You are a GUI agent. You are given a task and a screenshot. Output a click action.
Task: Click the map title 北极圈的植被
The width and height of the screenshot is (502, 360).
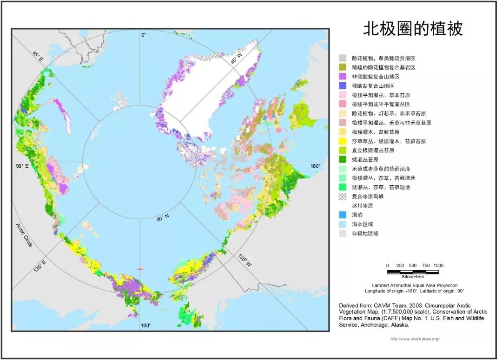tap(412, 29)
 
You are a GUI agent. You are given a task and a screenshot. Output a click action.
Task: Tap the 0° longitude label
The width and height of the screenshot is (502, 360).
tap(144, 35)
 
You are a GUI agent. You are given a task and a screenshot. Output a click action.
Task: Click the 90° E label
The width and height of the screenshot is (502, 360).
tap(22, 166)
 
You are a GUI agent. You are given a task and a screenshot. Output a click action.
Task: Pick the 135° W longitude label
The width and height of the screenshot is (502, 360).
tap(244, 261)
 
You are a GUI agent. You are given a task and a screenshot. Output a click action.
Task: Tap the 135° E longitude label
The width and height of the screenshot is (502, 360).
tap(40, 269)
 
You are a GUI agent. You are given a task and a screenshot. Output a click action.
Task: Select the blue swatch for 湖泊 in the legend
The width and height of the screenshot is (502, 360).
tap(343, 215)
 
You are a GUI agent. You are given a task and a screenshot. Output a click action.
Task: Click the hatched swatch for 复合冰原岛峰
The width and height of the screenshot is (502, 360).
tap(343, 196)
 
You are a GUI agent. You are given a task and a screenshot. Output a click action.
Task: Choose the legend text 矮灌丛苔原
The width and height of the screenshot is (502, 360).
tap(368, 160)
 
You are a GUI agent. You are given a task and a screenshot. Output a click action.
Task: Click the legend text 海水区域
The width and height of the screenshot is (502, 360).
tap(362, 224)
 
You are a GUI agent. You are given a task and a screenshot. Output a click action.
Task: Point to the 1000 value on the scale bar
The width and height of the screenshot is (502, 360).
tap(438, 265)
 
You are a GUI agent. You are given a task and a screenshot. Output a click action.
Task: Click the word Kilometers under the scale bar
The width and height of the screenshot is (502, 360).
tap(412, 277)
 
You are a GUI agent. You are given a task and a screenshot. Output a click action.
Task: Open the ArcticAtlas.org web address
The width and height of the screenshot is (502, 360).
tap(415, 339)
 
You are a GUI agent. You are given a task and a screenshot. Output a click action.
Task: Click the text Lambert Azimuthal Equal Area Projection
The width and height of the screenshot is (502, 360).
tap(414, 285)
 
